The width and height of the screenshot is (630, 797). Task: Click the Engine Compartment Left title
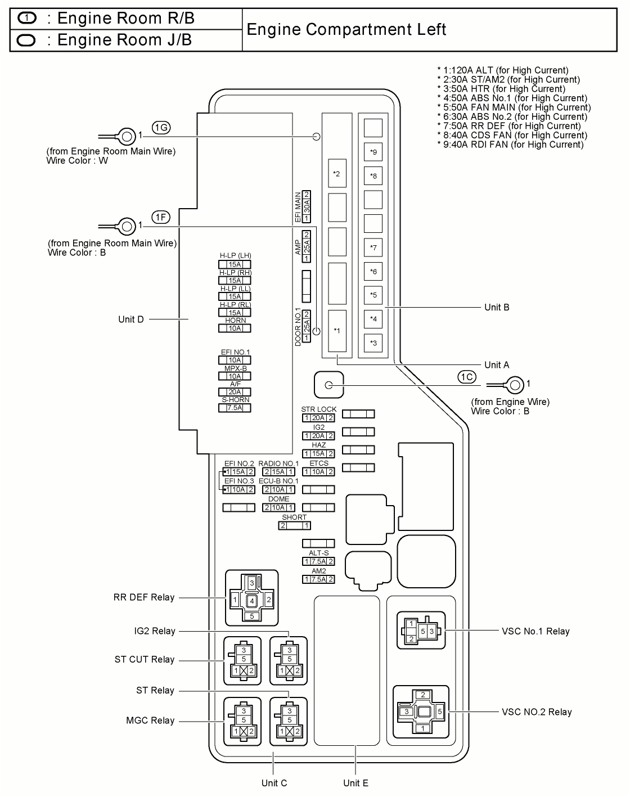(346, 29)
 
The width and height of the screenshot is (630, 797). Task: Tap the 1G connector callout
(161, 128)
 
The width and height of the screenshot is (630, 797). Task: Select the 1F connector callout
(160, 217)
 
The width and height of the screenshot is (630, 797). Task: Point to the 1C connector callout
(466, 377)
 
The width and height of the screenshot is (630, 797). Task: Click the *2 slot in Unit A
(336, 174)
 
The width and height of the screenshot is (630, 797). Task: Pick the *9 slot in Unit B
(373, 152)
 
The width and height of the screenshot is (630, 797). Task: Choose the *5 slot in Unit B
(373, 295)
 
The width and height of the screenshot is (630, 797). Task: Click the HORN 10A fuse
(235, 328)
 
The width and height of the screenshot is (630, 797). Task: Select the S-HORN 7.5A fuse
(235, 408)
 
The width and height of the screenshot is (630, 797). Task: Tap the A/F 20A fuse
(235, 392)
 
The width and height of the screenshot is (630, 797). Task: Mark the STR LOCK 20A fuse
(318, 418)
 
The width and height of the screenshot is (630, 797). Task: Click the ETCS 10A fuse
(318, 472)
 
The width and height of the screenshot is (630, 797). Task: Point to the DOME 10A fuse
(279, 507)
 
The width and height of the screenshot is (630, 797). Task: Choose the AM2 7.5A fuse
(318, 579)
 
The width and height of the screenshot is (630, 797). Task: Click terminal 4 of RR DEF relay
(252, 601)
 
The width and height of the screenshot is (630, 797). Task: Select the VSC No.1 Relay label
(535, 631)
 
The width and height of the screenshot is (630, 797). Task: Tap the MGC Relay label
(150, 721)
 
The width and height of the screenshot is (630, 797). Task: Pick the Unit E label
(355, 783)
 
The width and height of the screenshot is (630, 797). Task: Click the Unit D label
(131, 319)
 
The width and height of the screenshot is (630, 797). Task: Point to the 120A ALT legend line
(503, 70)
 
